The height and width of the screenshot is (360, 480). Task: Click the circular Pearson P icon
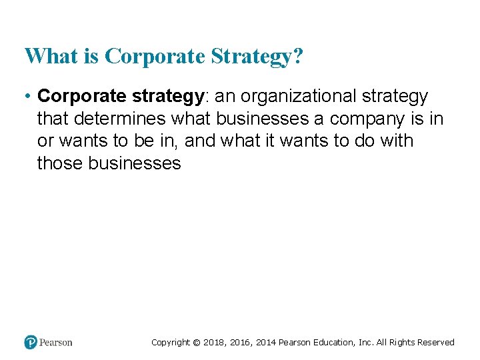[x=31, y=342]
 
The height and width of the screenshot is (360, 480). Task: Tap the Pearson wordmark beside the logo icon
[x=56, y=343]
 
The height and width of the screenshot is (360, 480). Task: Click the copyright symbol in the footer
[x=196, y=343]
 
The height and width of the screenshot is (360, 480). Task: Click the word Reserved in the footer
[x=435, y=343]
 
